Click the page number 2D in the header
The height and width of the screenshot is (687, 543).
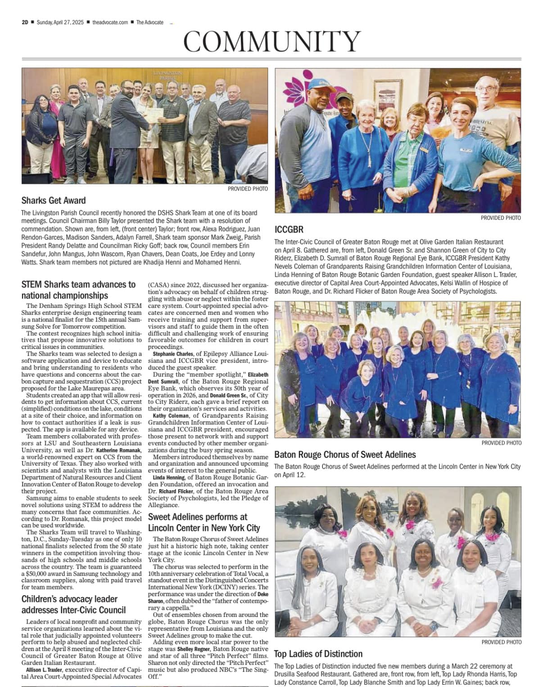coord(25,22)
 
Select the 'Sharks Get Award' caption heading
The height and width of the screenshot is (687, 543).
coord(53,201)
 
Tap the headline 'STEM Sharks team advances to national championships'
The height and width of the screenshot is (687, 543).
coord(78,290)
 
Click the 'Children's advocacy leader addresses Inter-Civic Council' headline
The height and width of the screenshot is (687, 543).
coord(73,604)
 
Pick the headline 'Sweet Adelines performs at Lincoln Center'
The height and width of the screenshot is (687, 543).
coord(204,522)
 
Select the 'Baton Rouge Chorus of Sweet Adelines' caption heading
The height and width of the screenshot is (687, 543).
coord(345,455)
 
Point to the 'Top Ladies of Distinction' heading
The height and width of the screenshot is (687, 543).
coord(318,654)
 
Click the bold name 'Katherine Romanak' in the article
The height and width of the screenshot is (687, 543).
coord(119,450)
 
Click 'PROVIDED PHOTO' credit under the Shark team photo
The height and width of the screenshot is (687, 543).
coord(247,189)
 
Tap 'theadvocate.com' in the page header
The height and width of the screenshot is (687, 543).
coord(110,22)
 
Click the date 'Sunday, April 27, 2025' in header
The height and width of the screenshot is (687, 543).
coord(60,22)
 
